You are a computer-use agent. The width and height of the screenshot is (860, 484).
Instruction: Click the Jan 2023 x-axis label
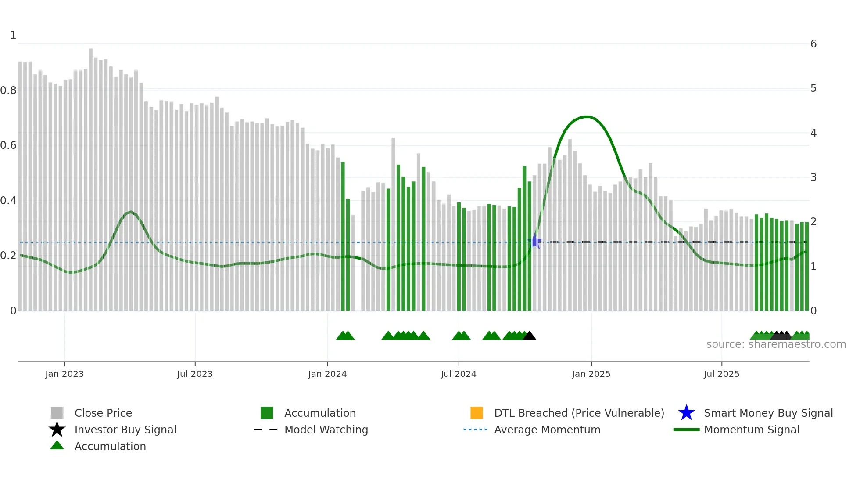(64, 374)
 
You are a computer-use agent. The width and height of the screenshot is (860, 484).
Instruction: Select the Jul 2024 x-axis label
(459, 374)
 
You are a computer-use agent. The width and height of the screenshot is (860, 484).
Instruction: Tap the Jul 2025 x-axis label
(721, 374)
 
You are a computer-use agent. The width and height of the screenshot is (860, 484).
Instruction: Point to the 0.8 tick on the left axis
(9, 90)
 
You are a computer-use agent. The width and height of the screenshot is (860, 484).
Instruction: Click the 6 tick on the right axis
(813, 44)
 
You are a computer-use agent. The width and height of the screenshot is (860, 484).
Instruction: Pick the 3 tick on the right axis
(813, 177)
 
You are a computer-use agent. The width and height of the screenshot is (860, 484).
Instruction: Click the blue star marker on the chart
(535, 241)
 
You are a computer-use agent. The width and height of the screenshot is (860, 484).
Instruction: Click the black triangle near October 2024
(530, 336)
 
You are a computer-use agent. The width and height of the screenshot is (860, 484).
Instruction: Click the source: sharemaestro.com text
(776, 344)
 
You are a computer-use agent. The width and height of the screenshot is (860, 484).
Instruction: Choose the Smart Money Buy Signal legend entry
(768, 413)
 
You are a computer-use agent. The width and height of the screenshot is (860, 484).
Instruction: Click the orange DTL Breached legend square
(477, 413)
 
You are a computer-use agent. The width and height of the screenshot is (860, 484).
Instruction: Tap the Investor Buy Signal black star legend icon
(57, 430)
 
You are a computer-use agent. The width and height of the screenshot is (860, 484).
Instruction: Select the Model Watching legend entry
(326, 430)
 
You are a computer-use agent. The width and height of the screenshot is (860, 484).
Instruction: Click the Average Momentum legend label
(547, 430)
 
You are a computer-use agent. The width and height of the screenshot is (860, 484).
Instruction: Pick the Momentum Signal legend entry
(751, 430)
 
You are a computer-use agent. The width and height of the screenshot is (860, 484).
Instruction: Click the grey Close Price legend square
(57, 413)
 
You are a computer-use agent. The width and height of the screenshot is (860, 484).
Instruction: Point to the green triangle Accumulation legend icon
(57, 445)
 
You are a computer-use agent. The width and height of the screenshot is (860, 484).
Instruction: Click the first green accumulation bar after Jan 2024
(343, 237)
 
